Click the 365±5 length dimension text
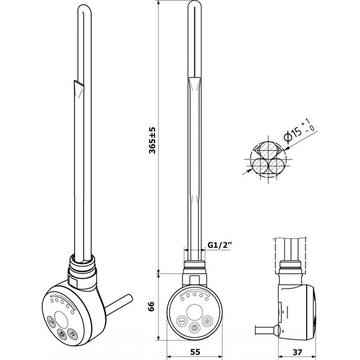coord(152,140)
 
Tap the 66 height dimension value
coord(151,307)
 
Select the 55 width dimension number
coord(195,351)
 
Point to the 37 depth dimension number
coord(298,351)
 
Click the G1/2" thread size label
coord(219,245)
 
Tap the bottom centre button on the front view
coord(194,327)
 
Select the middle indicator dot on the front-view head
coord(194,294)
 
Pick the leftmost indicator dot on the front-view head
coord(182,299)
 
